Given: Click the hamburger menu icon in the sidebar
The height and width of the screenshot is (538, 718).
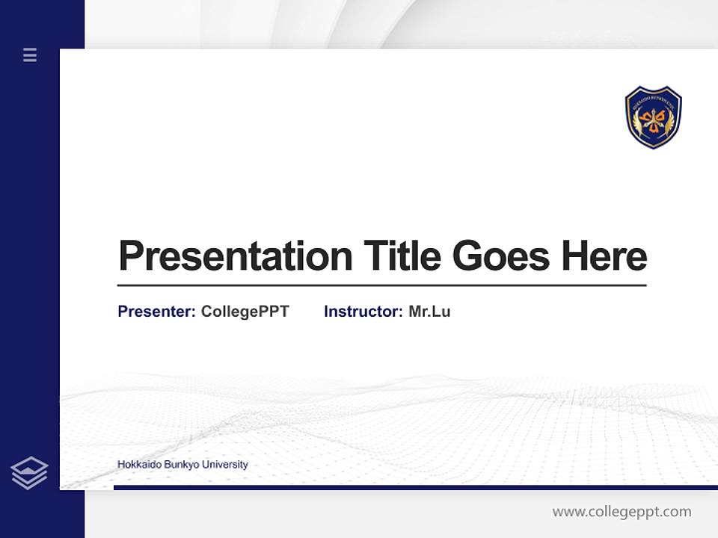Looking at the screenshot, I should coord(30,55).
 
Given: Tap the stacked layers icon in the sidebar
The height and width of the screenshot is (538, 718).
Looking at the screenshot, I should coord(29,473).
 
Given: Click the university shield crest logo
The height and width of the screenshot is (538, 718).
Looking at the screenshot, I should coord(653,117).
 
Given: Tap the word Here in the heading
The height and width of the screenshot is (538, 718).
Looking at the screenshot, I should coord(604,256).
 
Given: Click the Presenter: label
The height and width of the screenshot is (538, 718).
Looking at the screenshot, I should coord(156,312).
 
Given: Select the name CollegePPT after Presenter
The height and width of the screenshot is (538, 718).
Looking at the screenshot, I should coord(245,312).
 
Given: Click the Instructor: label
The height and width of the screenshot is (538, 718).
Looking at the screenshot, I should coord(363,312).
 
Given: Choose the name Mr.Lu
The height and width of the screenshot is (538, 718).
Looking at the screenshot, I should coord(429,312).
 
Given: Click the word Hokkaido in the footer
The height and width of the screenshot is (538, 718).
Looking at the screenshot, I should coord(137,465).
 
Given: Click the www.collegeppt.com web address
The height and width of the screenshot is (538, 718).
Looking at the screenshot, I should coord(622,512).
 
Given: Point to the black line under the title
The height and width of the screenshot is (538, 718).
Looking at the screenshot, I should coord(381,285).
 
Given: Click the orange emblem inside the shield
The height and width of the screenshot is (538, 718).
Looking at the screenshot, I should coord(654,120).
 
